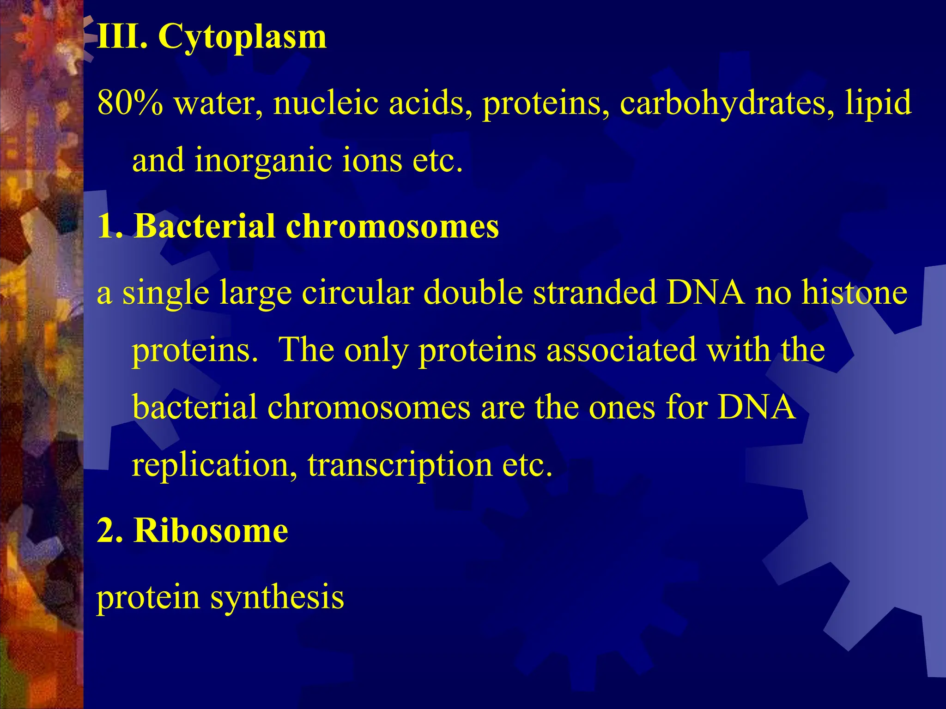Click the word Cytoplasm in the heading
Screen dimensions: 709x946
pyautogui.click(x=242, y=37)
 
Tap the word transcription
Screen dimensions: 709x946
pyautogui.click(x=400, y=465)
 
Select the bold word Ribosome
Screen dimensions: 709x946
pyautogui.click(x=211, y=531)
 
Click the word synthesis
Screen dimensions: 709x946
pyautogui.click(x=277, y=598)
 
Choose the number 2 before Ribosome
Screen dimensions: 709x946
pyautogui.click(x=105, y=531)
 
